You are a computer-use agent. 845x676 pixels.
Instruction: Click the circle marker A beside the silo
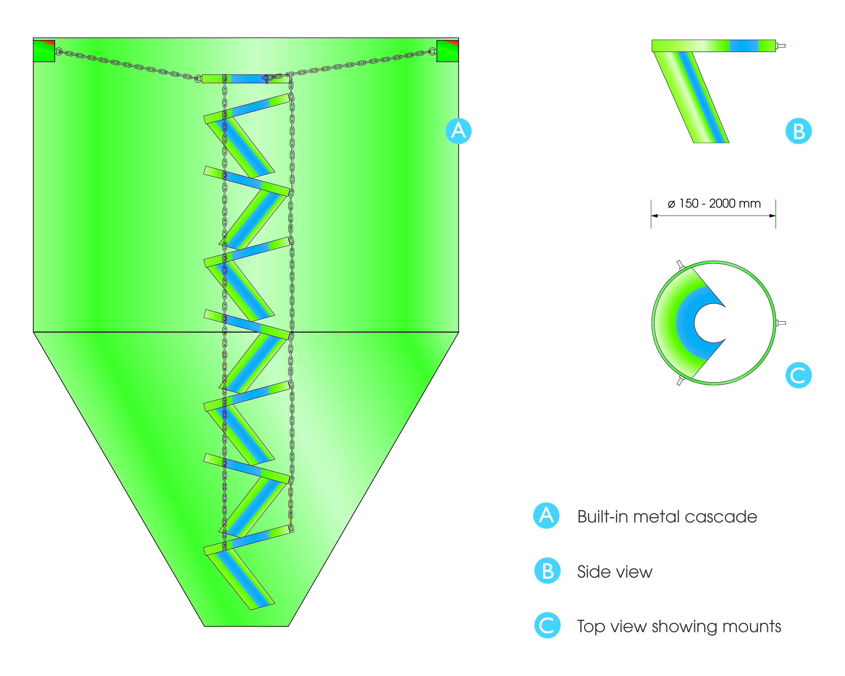458,131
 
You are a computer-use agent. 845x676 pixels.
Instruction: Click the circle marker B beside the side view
798,131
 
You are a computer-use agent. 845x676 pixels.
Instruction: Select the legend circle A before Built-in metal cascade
546,516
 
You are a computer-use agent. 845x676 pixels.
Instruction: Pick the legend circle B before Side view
547,571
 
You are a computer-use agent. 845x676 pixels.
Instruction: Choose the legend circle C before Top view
547,625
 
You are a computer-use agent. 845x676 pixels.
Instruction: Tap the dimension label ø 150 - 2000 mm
714,203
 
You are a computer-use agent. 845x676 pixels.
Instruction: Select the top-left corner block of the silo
44,51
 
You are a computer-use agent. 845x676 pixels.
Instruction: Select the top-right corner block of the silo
447,51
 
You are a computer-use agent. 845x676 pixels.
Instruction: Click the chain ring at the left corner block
58,51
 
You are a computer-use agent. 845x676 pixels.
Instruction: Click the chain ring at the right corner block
432,51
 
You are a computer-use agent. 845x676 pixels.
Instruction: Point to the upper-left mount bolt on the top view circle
680,264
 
